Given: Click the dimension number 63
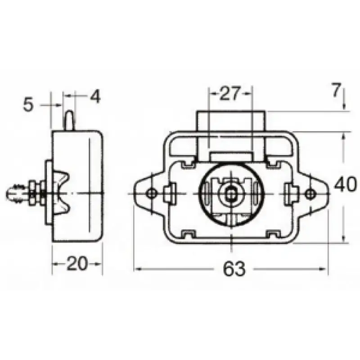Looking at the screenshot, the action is click(234, 268).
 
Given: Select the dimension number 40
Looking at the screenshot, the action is click(345, 184).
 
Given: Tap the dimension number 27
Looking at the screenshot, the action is click(230, 93).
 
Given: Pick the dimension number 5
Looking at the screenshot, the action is click(28, 105).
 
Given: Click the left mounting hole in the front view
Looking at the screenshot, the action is click(151, 193).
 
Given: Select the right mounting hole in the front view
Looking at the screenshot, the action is click(310, 193).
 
